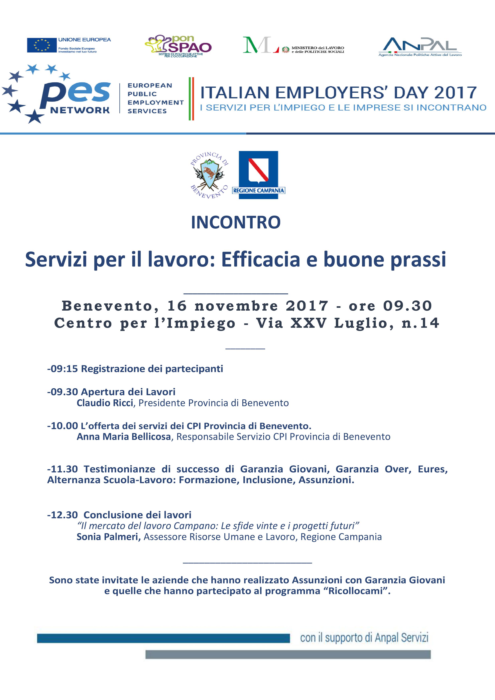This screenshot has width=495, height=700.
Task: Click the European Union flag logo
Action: tap(42, 45)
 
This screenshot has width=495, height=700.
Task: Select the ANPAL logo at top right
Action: tap(420, 46)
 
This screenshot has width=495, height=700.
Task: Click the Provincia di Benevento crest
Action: tap(209, 175)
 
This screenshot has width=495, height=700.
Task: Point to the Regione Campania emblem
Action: tap(258, 175)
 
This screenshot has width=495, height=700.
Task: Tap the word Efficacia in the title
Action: tap(261, 260)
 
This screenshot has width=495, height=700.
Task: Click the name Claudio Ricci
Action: tap(105, 403)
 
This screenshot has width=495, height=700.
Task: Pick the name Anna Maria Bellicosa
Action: tap(124, 437)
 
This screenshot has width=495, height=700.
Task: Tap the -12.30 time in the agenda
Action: tap(62, 515)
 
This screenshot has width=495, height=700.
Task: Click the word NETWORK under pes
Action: tap(80, 110)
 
